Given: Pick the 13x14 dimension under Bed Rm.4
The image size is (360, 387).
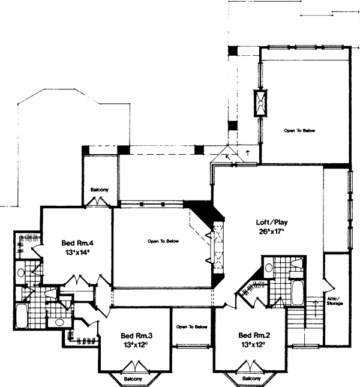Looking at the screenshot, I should pyautogui.click(x=77, y=253).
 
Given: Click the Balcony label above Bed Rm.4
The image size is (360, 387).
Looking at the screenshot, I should pyautogui.click(x=99, y=190).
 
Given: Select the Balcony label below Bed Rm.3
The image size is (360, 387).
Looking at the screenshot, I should pyautogui.click(x=134, y=379).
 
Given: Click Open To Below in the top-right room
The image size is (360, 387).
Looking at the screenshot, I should pyautogui.click(x=299, y=130).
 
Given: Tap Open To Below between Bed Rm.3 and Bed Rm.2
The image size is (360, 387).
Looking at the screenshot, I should pyautogui.click(x=192, y=327).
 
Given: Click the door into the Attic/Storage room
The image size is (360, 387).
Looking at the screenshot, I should pyautogui.click(x=327, y=284).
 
